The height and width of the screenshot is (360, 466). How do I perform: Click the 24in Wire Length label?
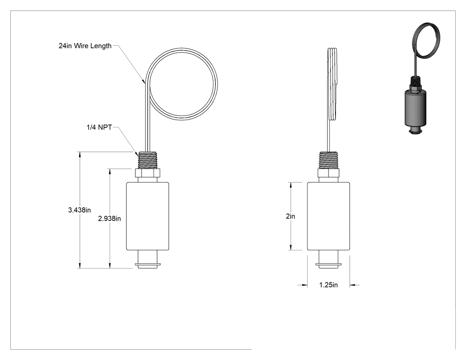pyautogui.click(x=85, y=46)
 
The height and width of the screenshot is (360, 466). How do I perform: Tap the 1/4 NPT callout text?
pyautogui.click(x=99, y=127)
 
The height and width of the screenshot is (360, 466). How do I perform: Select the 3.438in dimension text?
pyautogui.click(x=79, y=210)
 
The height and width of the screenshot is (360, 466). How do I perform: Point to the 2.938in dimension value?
pyautogui.click(x=109, y=218)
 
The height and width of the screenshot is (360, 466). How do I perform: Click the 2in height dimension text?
pyautogui.click(x=290, y=216)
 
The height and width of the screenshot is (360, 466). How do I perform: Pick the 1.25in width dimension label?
pyautogui.click(x=328, y=285)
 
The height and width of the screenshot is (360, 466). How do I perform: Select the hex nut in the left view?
pyautogui.click(x=148, y=173)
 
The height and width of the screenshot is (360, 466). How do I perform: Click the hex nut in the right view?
pyautogui.click(x=329, y=173)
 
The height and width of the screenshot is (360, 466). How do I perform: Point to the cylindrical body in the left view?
pyautogui.click(x=148, y=216)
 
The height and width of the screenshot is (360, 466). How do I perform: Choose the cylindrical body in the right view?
pyautogui.click(x=328, y=216)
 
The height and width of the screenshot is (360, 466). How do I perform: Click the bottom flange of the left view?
pyautogui.click(x=148, y=264)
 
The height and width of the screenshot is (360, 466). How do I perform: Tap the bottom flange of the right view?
pyautogui.click(x=328, y=264)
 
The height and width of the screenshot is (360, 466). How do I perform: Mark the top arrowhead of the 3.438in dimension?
pyautogui.click(x=79, y=154)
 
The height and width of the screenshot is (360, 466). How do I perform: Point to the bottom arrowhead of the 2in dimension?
pyautogui.click(x=291, y=248)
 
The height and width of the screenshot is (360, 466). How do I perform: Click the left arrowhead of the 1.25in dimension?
pyautogui.click(x=304, y=285)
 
